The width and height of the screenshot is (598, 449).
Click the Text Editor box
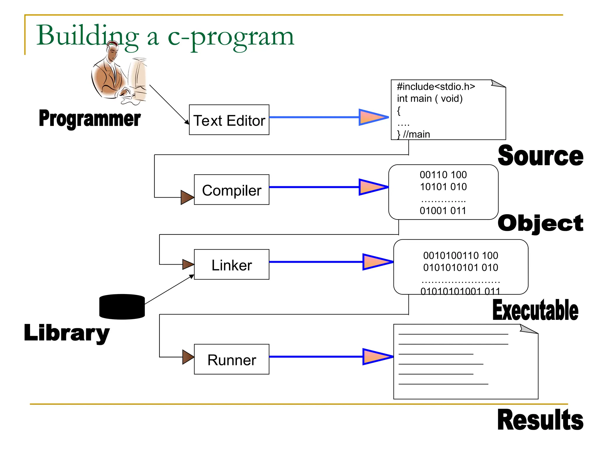(x=229, y=120)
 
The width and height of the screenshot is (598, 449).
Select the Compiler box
(x=232, y=190)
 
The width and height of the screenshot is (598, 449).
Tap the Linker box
(x=232, y=265)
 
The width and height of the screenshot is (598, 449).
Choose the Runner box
(x=232, y=359)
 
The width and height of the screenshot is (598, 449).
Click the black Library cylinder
(x=122, y=307)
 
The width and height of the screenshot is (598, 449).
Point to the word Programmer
(x=90, y=118)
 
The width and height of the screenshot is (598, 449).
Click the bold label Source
(x=540, y=156)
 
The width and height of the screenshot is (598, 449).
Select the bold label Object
(x=540, y=223)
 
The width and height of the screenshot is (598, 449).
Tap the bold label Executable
(x=535, y=310)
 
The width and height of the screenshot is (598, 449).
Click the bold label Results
(x=540, y=420)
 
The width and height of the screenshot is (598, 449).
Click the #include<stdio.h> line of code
(x=436, y=87)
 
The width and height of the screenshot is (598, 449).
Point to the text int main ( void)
(x=430, y=99)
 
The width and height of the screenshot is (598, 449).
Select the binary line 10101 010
(x=443, y=187)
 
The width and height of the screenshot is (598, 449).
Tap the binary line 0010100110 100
(x=460, y=255)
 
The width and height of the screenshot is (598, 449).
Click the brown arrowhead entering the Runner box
(x=187, y=357)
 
